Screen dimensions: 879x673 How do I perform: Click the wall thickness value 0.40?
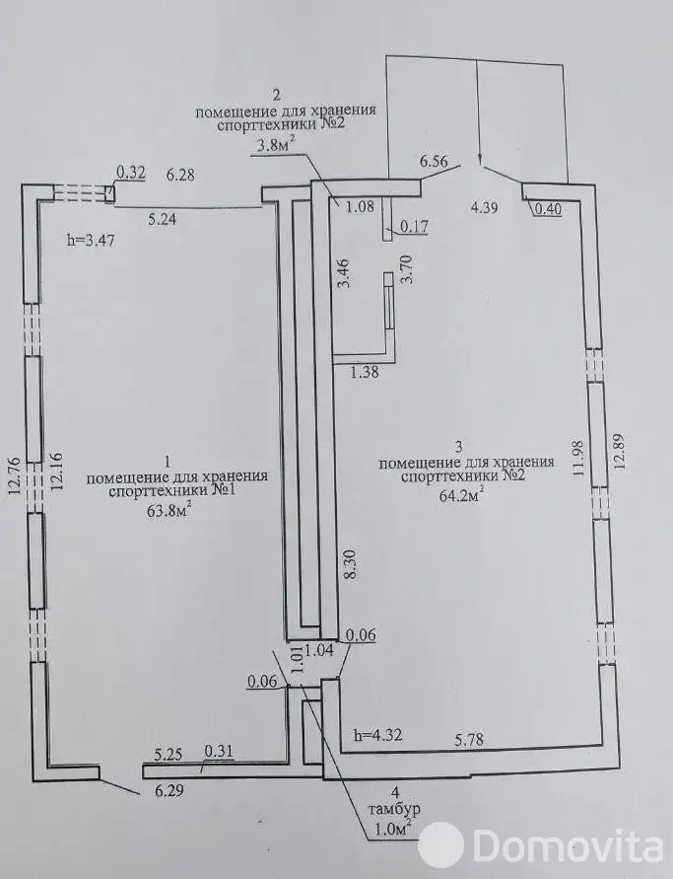tap(547, 208)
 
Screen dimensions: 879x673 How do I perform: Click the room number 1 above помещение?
tap(168, 461)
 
